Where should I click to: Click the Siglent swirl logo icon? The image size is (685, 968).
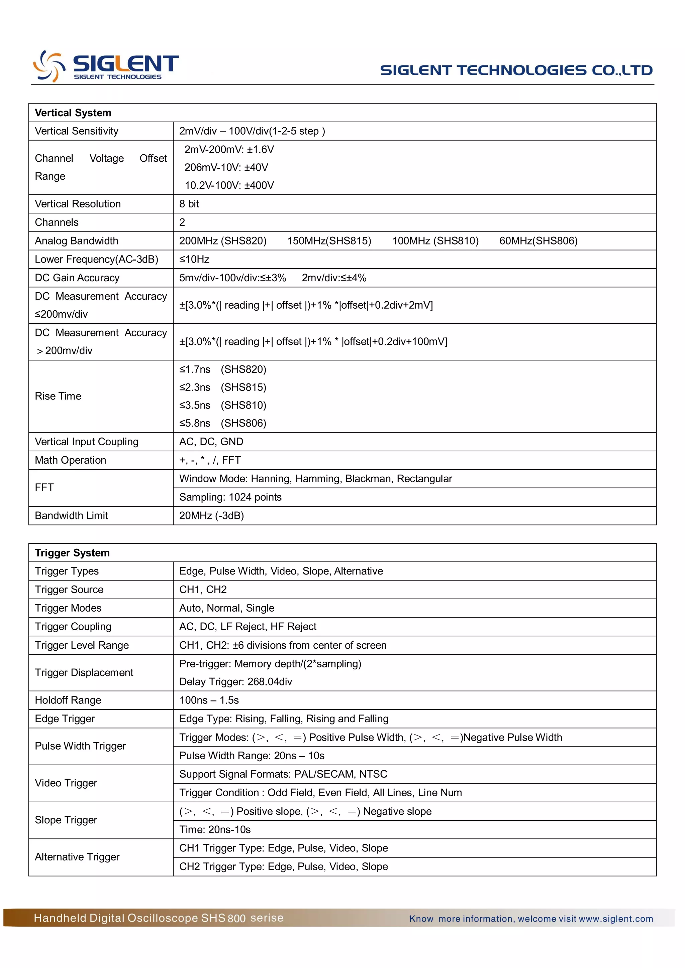tap(49, 66)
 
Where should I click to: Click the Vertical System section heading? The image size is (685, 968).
tap(73, 113)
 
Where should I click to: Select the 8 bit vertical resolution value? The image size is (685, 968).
tap(189, 204)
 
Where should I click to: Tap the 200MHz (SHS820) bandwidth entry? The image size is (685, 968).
tap(223, 241)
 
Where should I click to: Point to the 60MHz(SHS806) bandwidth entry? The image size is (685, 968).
tap(538, 241)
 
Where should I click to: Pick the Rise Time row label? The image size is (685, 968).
tap(58, 396)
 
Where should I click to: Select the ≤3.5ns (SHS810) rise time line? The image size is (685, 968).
tap(223, 406)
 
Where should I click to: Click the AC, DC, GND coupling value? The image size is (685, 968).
tap(211, 442)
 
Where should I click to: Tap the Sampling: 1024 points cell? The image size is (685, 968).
tap(230, 497)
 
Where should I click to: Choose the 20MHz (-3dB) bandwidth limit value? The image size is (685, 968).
tap(211, 516)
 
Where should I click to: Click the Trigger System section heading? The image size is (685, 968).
tap(72, 553)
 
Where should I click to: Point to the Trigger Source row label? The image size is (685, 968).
tap(69, 590)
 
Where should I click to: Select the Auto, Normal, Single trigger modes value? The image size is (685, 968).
tap(227, 608)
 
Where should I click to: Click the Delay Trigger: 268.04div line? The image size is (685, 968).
tap(235, 682)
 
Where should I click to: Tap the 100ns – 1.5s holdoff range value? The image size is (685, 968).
tap(209, 701)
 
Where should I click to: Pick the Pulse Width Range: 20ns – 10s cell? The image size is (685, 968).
tap(252, 756)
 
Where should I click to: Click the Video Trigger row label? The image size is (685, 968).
tap(66, 783)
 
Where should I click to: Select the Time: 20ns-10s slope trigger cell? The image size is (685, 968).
tap(215, 830)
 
